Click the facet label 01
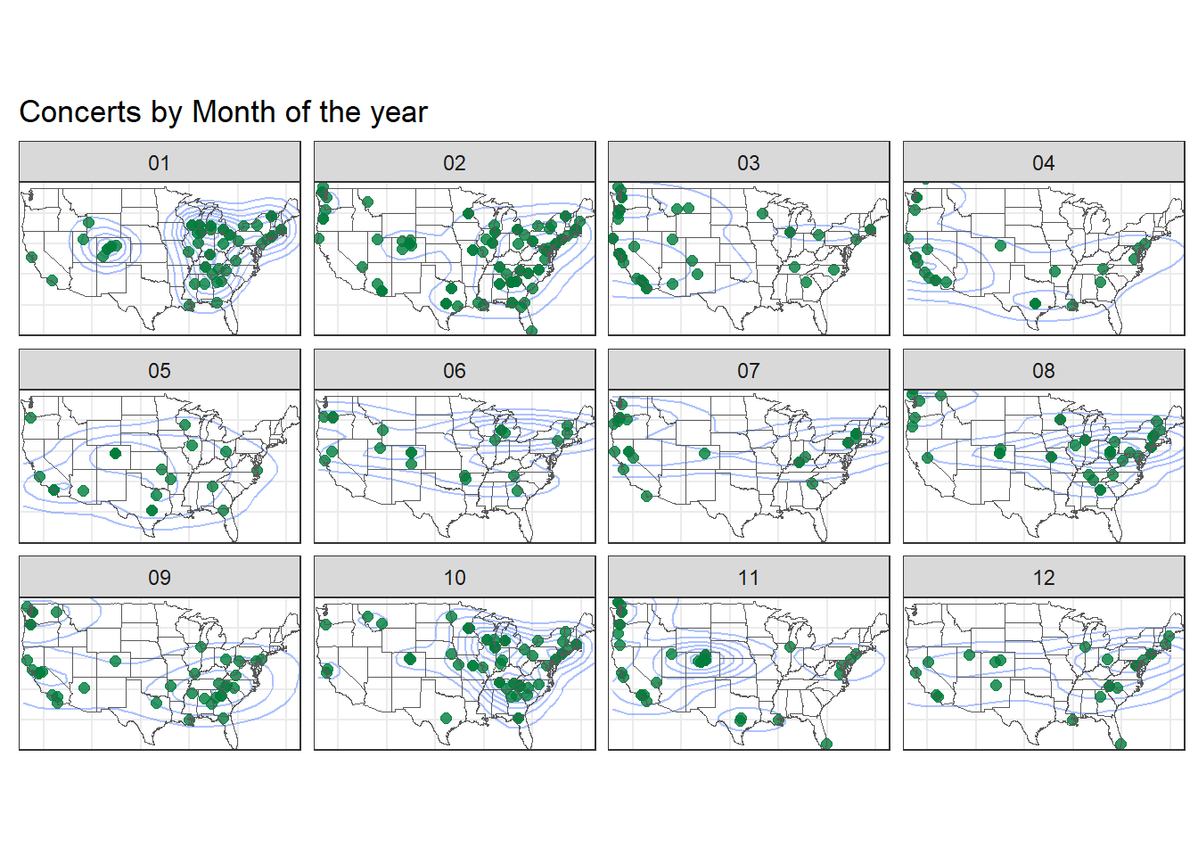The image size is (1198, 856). click(x=160, y=162)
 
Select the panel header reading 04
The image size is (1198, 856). click(x=1044, y=162)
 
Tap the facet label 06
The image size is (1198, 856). click(x=454, y=370)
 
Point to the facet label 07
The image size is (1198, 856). click(x=748, y=370)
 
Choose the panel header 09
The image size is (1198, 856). click(x=160, y=577)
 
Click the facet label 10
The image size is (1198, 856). click(x=454, y=577)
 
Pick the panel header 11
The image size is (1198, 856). click(x=748, y=577)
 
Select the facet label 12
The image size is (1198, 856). click(x=1044, y=577)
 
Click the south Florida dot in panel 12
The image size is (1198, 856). click(x=1121, y=744)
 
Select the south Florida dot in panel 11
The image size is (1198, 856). click(x=826, y=744)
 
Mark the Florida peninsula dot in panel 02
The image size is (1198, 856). click(x=531, y=331)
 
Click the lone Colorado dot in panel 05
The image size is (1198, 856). click(x=116, y=454)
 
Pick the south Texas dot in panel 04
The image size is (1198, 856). click(x=1035, y=303)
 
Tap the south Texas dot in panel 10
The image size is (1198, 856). click(x=446, y=718)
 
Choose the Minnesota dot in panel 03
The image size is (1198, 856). click(x=763, y=214)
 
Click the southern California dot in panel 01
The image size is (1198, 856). click(x=52, y=280)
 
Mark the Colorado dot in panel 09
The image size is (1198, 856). click(x=116, y=662)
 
